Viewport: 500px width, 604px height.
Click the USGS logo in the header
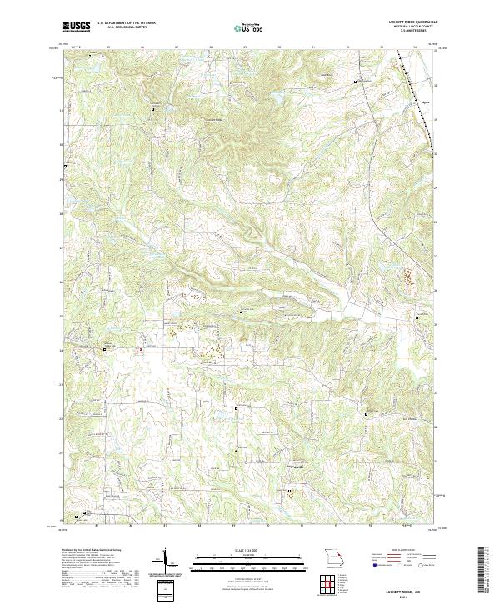coord(77,27)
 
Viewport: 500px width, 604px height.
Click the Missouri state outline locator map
coord(331,556)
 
